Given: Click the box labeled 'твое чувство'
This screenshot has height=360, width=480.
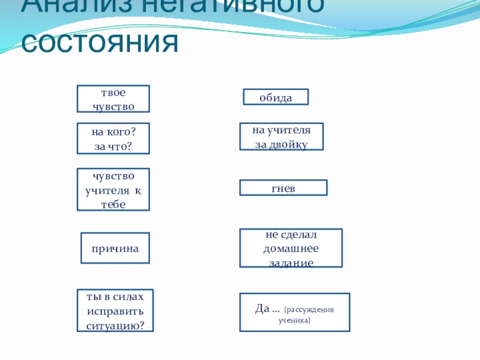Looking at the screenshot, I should tap(113, 99).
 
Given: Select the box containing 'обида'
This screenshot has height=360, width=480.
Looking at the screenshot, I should tap(275, 97).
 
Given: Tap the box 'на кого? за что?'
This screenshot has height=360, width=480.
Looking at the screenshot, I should tap(113, 139).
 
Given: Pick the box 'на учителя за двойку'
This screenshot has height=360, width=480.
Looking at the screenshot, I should tap(281, 137).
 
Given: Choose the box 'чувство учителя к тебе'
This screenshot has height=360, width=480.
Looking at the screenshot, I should tap(113, 190).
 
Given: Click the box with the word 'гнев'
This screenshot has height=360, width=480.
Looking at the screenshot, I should tap(283, 188).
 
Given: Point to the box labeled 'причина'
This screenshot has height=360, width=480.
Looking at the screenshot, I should tap(115, 248).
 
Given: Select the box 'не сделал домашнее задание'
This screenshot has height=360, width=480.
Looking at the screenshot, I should tap(291, 248).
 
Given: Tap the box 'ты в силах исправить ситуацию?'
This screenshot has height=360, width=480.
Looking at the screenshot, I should tap(115, 311).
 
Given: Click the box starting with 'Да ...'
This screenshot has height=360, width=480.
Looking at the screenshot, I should tap(294, 313).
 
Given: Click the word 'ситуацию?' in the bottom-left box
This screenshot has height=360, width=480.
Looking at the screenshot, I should tap(115, 325).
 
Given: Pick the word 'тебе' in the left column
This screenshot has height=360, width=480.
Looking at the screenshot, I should tap(113, 204).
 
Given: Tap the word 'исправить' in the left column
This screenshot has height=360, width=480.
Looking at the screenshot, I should tap(115, 311).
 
